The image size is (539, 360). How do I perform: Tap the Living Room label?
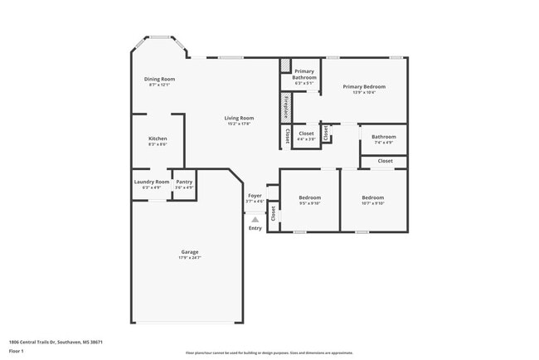[x=238, y=118]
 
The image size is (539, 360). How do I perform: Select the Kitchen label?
[x=158, y=138]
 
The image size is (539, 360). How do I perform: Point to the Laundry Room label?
[x=151, y=182]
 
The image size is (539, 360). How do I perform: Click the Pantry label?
[x=184, y=182]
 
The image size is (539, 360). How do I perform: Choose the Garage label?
[x=190, y=251]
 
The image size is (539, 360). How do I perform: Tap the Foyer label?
[x=255, y=196]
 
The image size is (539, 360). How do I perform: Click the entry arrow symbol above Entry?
[x=255, y=220]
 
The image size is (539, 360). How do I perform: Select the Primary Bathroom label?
[x=304, y=74]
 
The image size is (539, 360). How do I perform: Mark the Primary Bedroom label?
[x=364, y=86]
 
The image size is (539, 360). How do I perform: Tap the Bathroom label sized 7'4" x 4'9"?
[x=383, y=137]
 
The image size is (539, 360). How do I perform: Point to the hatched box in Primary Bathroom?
[x=284, y=65]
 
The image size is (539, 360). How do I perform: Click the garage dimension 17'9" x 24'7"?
[x=190, y=258]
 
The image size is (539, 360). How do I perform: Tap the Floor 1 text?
[x=16, y=352]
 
